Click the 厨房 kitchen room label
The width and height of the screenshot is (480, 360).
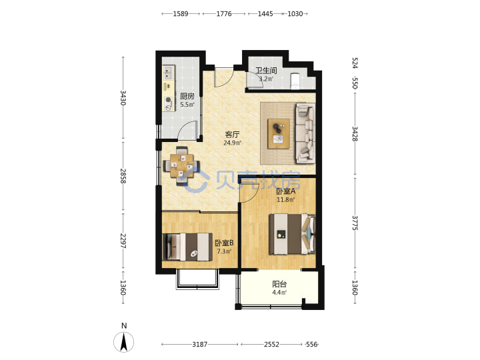tap(187, 96)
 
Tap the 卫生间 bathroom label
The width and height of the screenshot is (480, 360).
tap(266, 71)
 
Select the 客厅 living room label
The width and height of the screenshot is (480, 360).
tap(233, 135)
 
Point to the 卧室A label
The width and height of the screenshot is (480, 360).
tap(285, 191)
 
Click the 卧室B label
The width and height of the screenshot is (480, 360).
tap(224, 243)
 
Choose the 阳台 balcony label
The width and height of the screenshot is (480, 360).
tap(279, 284)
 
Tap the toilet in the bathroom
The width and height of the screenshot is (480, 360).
tap(295, 81)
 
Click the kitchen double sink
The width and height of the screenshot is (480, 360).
tap(168, 73)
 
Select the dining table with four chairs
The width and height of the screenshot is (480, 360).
tap(182, 165)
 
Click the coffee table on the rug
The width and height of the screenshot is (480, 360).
tap(279, 134)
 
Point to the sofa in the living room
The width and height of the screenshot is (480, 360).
tap(305, 133)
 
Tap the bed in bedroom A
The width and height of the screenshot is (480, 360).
tap(292, 234)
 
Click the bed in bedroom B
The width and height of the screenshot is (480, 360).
tap(187, 247)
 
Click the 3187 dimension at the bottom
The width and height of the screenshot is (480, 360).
tap(199, 345)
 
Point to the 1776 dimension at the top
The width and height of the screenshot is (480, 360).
tap(224, 14)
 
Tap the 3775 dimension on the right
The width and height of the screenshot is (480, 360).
tap(355, 223)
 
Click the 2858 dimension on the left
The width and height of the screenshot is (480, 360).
tap(123, 176)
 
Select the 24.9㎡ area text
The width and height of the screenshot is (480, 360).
tap(233, 143)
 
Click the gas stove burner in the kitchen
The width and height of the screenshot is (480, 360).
tap(168, 99)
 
